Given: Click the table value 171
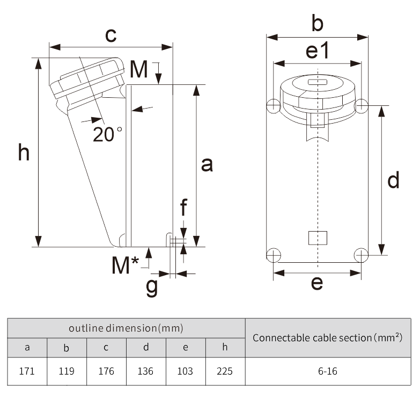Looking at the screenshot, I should [x=27, y=371].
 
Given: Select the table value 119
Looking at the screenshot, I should [x=67, y=371].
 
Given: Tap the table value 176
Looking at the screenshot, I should [x=106, y=371].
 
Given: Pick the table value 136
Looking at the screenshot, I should [x=145, y=371].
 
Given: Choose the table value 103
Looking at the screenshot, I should [x=185, y=371].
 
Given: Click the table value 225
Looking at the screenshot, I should [x=225, y=371].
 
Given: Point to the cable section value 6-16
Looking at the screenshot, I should [x=327, y=371].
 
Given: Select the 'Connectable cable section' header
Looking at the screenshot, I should [x=327, y=337].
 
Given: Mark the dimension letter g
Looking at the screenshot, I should [x=152, y=286].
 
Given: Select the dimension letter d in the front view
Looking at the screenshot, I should [x=393, y=180].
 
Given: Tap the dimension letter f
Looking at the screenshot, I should [x=184, y=206].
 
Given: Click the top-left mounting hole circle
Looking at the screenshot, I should [x=274, y=106].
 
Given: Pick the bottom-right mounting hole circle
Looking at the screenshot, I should [x=362, y=254].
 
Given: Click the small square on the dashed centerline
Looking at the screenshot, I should [x=318, y=237].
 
